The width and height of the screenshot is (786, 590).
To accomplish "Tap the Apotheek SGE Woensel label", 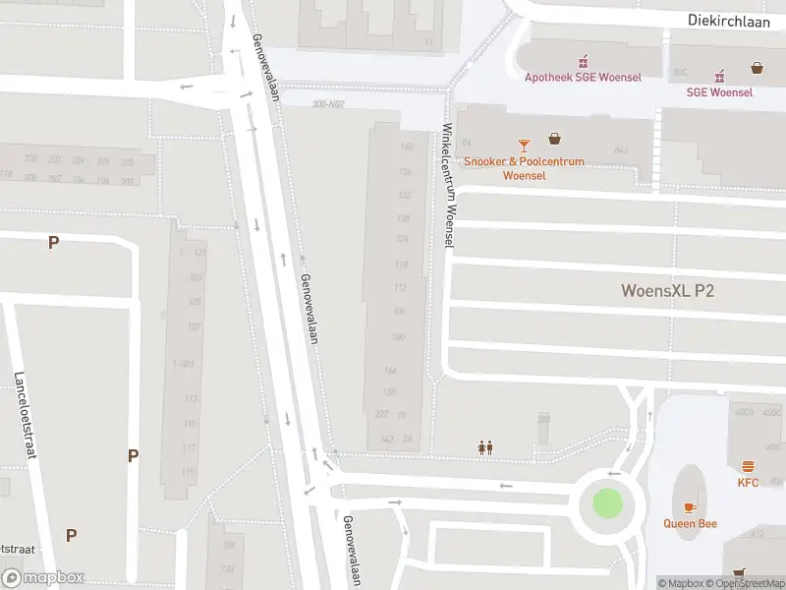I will [x=585, y=78].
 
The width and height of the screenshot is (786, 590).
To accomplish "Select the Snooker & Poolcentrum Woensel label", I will [x=524, y=168].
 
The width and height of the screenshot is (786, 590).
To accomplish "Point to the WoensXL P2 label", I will [x=667, y=290].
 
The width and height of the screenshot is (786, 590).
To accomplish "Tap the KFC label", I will [x=749, y=483].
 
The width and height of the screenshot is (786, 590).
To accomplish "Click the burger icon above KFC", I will [x=749, y=466].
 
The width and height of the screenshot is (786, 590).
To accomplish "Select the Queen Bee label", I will [x=689, y=523].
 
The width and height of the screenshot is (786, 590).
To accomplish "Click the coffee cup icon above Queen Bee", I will [x=689, y=506].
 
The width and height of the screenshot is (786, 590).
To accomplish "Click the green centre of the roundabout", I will [x=607, y=505].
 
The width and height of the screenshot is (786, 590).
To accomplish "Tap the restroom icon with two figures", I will [x=484, y=447].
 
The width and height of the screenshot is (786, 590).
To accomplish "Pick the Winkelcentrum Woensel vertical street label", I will [x=449, y=185].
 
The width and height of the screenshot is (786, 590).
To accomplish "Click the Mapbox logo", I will [x=43, y=578].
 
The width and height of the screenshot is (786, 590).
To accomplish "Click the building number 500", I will [x=543, y=419].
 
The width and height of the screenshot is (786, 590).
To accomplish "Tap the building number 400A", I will [x=743, y=412].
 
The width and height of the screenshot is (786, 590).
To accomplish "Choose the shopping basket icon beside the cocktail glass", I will [x=555, y=139].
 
